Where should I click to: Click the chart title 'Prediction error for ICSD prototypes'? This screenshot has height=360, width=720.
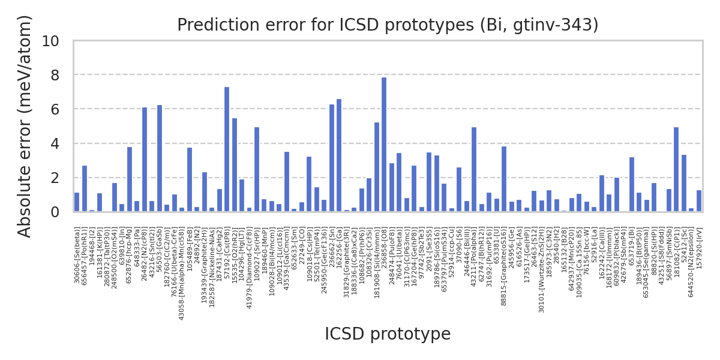click(388, 25)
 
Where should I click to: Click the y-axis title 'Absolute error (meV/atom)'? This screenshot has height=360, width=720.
click(25, 126)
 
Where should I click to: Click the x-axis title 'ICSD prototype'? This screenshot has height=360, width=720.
click(388, 334)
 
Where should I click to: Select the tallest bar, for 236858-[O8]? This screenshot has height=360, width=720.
click(384, 145)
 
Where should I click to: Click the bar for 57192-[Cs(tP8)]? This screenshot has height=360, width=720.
click(227, 149)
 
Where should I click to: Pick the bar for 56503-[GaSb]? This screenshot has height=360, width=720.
click(160, 158)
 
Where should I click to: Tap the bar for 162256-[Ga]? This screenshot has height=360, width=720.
click(339, 155)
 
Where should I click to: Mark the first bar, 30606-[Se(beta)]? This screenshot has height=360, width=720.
click(77, 202)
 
